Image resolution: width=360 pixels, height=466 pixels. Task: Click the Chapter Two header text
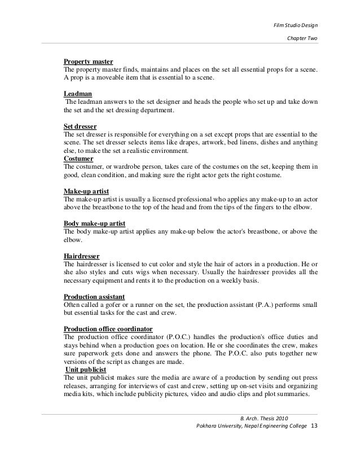(302, 39)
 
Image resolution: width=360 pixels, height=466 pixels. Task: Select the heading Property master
(89, 61)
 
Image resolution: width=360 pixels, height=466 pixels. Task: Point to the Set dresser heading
(81, 126)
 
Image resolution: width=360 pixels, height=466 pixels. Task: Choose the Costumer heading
(80, 159)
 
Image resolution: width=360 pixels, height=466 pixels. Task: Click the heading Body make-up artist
(94, 223)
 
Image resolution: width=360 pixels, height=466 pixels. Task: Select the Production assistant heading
(94, 296)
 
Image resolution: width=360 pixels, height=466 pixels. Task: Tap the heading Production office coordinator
(108, 329)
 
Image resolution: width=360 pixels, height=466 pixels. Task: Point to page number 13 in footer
(314, 425)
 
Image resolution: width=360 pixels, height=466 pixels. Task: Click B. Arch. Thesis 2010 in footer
(264, 418)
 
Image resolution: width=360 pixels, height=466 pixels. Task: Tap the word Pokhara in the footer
(206, 425)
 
